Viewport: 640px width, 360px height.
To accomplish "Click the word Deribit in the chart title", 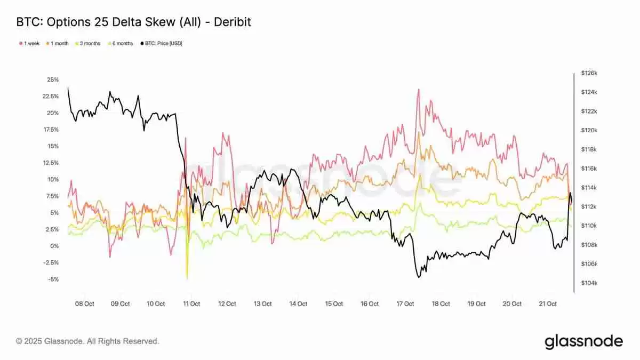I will pyautogui.click(x=230, y=22).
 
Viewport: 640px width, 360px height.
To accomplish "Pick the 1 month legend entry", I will pyautogui.click(x=58, y=43).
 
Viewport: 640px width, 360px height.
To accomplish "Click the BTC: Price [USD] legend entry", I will pyautogui.click(x=162, y=43).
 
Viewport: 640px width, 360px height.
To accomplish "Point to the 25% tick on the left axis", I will pyautogui.click(x=53, y=80).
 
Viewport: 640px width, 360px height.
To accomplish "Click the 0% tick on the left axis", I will pyautogui.click(x=55, y=246).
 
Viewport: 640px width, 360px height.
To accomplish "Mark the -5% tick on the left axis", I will pyautogui.click(x=54, y=279).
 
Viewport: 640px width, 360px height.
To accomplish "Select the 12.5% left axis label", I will pyautogui.click(x=51, y=163).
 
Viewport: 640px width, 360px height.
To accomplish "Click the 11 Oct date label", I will pyautogui.click(x=191, y=304).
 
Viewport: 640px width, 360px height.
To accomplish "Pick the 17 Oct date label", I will pyautogui.click(x=405, y=304).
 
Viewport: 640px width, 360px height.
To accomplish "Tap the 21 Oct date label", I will pyautogui.click(x=548, y=304).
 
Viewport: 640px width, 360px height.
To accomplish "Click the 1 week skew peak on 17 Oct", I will pyautogui.click(x=418, y=90).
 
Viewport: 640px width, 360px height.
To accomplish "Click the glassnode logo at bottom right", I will pyautogui.click(x=583, y=341).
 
